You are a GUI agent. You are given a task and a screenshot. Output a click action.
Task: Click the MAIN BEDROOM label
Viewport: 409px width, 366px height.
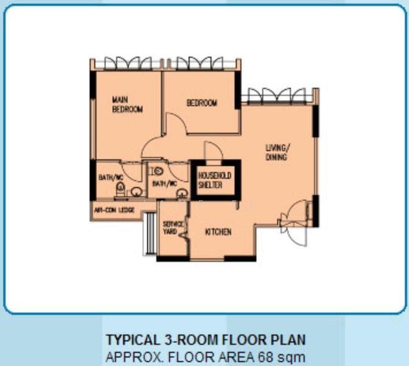[x=127, y=104]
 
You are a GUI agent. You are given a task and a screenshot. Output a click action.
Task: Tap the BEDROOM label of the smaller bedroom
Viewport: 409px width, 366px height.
[x=202, y=102]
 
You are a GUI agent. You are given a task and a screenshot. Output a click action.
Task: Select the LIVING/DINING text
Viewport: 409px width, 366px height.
[x=278, y=152]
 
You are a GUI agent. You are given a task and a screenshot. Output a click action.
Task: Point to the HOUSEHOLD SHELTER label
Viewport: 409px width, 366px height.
[x=215, y=180]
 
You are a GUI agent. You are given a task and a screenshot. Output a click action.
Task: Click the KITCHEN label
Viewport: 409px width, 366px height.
[x=218, y=232]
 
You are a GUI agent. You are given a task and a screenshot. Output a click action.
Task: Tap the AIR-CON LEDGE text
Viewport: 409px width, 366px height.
[x=114, y=210]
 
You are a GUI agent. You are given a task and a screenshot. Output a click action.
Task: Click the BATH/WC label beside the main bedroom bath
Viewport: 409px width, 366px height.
[x=111, y=178]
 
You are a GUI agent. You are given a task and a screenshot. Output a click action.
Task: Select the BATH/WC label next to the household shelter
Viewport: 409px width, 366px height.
[x=164, y=184]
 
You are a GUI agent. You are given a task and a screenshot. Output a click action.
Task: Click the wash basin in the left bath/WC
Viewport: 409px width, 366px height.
[x=136, y=192]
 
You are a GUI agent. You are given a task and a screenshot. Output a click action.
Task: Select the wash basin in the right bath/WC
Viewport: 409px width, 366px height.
[x=182, y=194]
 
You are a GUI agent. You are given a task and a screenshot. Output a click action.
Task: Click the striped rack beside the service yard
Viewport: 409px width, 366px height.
[x=150, y=234]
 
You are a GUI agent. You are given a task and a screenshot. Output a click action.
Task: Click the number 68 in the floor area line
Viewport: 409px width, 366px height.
[x=266, y=357]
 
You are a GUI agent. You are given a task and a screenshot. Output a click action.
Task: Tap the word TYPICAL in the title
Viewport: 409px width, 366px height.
[x=133, y=340]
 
